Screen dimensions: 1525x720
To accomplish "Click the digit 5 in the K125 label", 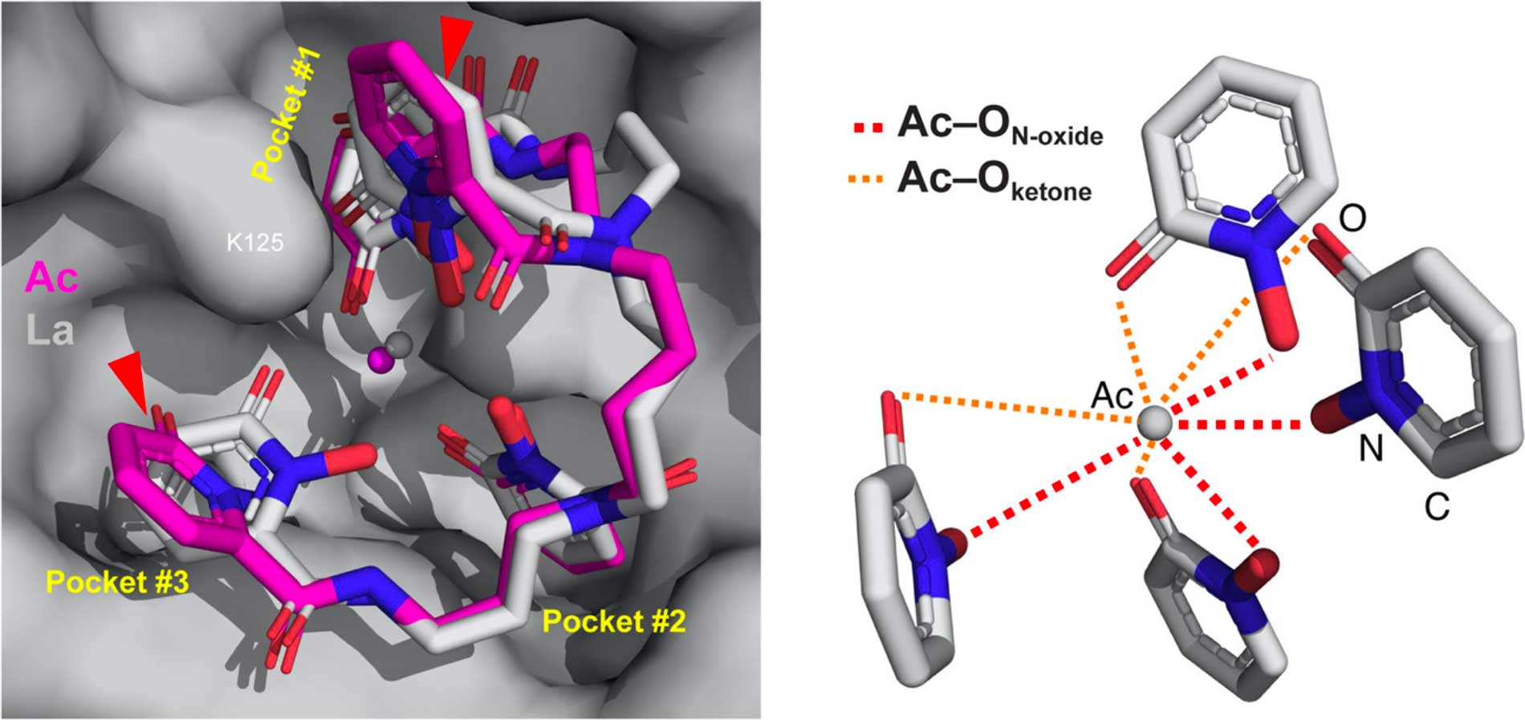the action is click(x=277, y=242).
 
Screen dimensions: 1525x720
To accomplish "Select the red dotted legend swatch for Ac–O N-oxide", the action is click(x=866, y=128).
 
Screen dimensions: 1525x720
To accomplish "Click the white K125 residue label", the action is click(x=255, y=242).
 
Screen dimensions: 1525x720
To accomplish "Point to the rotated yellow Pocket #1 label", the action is click(x=286, y=114).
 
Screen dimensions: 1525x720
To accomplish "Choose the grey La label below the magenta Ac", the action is click(x=50, y=329).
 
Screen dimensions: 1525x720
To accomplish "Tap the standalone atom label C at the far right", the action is click(x=1437, y=506).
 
